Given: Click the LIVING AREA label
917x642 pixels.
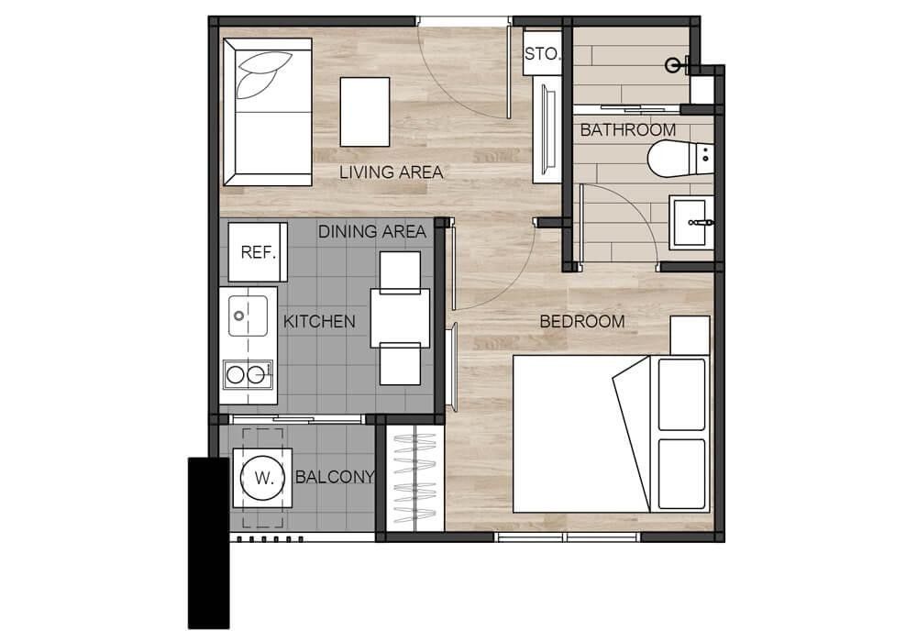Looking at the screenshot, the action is [x=391, y=172].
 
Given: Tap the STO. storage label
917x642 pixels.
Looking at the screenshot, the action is [x=542, y=54].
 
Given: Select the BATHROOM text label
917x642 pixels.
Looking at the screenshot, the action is [x=627, y=130].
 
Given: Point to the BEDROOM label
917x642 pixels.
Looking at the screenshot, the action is [x=582, y=321].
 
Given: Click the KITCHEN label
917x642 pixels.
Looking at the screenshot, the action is [x=319, y=321].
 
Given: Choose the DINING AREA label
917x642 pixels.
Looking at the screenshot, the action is [x=372, y=231].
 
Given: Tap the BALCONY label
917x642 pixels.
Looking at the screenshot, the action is [x=335, y=477].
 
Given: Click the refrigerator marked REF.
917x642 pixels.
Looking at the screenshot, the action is [x=258, y=252].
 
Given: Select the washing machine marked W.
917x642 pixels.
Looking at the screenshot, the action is [x=262, y=478].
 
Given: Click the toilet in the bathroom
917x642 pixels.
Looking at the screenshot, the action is [x=680, y=159].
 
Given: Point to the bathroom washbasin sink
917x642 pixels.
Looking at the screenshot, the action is [x=691, y=223].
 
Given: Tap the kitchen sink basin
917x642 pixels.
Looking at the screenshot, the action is [x=248, y=315].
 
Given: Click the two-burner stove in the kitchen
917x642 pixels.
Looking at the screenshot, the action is [x=248, y=374].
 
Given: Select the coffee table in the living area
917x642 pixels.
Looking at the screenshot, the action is [x=365, y=112].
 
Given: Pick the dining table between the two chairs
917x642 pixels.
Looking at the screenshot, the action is [x=400, y=317].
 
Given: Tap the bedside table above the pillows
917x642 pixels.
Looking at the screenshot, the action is [x=690, y=336].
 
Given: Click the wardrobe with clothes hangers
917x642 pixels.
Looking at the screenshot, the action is [x=415, y=478].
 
